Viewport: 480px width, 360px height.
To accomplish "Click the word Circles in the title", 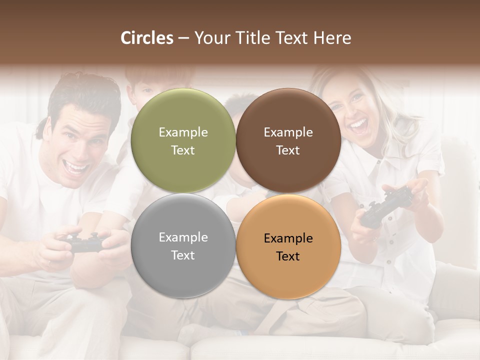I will [x=147, y=38].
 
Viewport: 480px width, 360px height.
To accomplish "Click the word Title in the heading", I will [x=257, y=38].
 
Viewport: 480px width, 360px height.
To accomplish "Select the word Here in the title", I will [x=332, y=38].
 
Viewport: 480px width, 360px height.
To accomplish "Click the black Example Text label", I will [x=288, y=247].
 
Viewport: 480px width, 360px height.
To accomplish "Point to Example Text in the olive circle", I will [x=183, y=141].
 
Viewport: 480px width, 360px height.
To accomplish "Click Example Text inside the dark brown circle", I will [x=288, y=141].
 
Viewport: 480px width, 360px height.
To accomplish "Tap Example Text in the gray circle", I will [x=183, y=246].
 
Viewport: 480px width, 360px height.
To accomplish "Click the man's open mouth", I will [x=77, y=167].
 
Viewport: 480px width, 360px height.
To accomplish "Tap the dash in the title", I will [x=183, y=38].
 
